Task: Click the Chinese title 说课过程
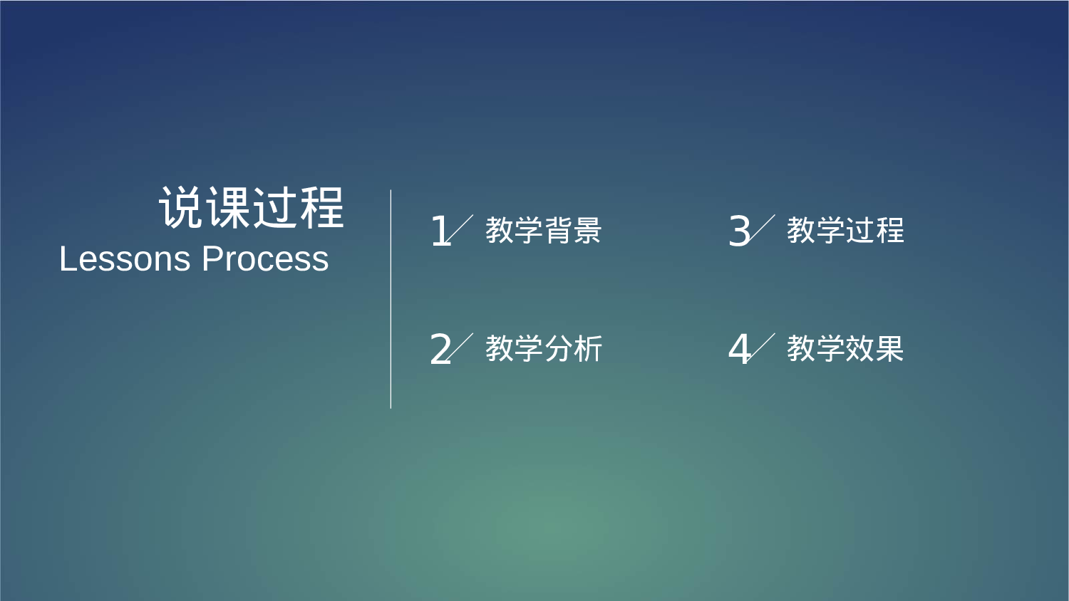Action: tap(251, 208)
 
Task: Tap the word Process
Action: tap(265, 259)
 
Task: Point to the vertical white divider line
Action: tap(391, 299)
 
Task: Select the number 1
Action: tap(440, 231)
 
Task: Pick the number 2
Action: tap(440, 350)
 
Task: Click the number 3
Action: tap(739, 231)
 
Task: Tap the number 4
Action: tap(739, 350)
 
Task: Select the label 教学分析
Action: tap(544, 349)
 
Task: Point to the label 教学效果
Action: tap(845, 349)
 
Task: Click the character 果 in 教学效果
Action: tap(889, 349)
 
